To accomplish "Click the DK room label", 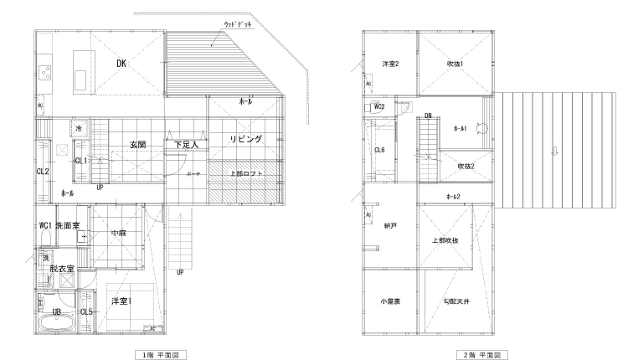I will tap(121, 62).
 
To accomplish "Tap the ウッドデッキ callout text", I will tap(239, 26).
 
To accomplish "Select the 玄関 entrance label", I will tap(138, 145).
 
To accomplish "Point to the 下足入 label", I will tap(186, 145).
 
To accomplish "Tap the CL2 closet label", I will tap(42, 172).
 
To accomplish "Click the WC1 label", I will tap(45, 225).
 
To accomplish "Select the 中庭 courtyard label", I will tap(119, 234).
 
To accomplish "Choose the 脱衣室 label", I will tap(62, 269).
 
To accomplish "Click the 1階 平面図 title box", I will tap(159, 355).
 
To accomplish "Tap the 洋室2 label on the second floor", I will tap(389, 64).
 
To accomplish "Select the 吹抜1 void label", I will tap(455, 64).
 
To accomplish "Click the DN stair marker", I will tap(428, 116).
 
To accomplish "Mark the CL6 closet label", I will tap(379, 150).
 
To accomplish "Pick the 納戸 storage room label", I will tap(389, 226).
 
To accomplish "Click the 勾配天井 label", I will tap(456, 301).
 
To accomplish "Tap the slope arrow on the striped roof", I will tap(552, 151).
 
